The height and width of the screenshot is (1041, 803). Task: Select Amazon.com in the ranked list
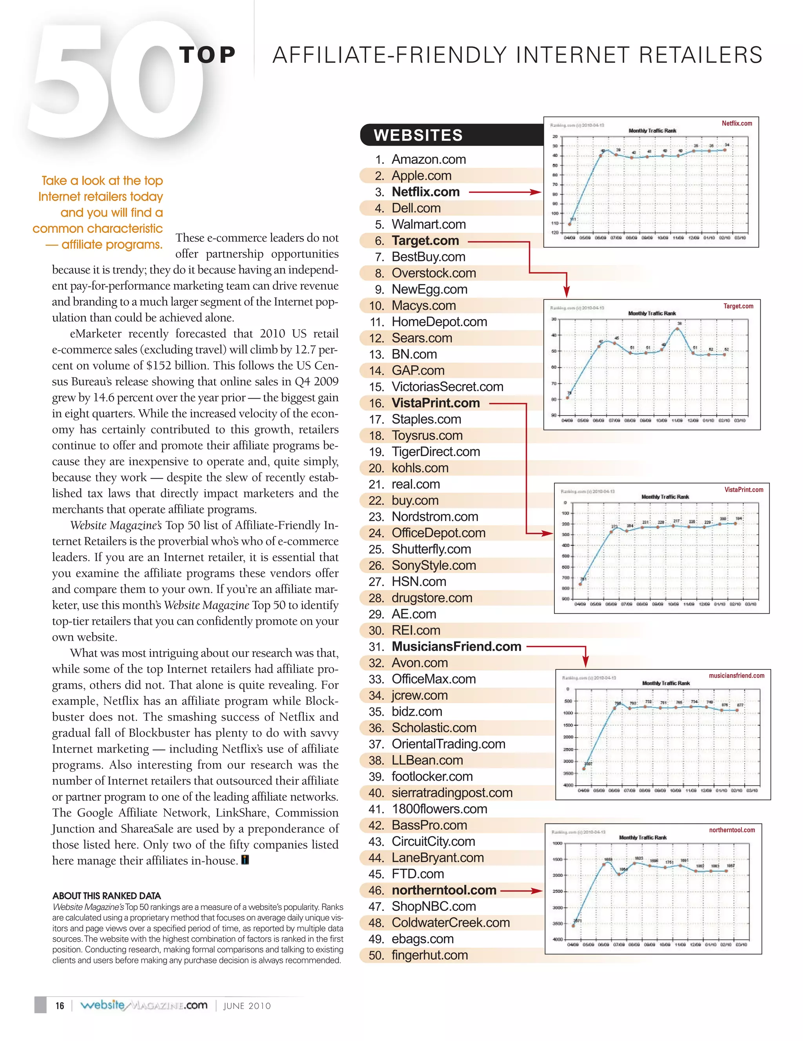coord(428,159)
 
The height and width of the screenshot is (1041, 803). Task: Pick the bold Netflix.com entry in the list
coord(425,192)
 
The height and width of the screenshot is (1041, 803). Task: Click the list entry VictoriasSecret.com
coord(447,386)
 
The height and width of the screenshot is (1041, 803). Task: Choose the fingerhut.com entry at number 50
coord(429,955)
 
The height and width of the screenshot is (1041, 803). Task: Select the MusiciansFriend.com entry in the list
coord(456,647)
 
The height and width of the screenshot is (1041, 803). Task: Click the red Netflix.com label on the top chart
coord(736,123)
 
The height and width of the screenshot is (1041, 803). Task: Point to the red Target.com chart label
coord(738,306)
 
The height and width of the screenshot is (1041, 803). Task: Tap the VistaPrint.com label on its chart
coord(743,490)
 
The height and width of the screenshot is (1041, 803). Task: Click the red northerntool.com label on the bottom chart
coord(732,830)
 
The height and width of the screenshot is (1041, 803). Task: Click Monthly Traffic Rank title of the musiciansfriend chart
coord(666,684)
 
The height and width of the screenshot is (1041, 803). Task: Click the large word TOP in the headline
coord(207,55)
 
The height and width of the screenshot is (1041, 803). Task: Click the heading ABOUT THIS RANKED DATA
coord(106,896)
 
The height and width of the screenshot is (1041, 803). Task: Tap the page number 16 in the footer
coord(60,1006)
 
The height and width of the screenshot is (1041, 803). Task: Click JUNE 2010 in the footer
coord(247,1006)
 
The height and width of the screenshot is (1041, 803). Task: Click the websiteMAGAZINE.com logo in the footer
coord(144,1005)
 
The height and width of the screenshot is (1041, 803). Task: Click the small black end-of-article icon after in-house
coord(245,860)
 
